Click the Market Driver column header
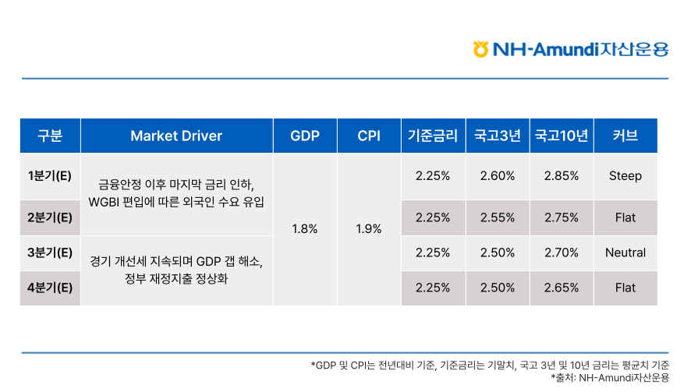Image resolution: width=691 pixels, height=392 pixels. click(x=176, y=136)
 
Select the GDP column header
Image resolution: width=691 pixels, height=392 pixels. click(x=305, y=136)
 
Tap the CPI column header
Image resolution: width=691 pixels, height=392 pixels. click(x=369, y=136)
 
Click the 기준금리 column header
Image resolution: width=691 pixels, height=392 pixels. click(x=433, y=136)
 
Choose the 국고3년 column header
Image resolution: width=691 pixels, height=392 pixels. click(x=498, y=136)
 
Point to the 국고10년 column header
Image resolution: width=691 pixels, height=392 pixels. click(x=562, y=136)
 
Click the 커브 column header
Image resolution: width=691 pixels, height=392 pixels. click(x=625, y=136)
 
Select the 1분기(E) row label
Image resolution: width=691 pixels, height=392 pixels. click(x=50, y=175)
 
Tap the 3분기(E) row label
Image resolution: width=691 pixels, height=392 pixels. click(x=50, y=253)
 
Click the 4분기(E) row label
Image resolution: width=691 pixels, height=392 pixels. click(x=50, y=288)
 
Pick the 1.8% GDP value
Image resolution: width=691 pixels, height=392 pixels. click(x=304, y=229)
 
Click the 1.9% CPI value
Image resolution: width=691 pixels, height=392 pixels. click(x=368, y=229)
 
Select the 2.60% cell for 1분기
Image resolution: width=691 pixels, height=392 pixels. click(x=498, y=175)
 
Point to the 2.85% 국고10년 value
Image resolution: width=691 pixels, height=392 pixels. click(x=562, y=175)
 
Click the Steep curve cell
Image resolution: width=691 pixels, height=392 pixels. click(x=625, y=175)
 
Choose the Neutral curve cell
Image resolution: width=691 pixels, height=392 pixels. click(x=625, y=253)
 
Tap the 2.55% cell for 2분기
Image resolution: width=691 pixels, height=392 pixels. click(x=498, y=217)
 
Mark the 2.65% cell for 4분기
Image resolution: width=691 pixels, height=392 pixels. click(x=562, y=288)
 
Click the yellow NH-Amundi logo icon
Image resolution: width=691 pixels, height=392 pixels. click(x=480, y=49)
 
